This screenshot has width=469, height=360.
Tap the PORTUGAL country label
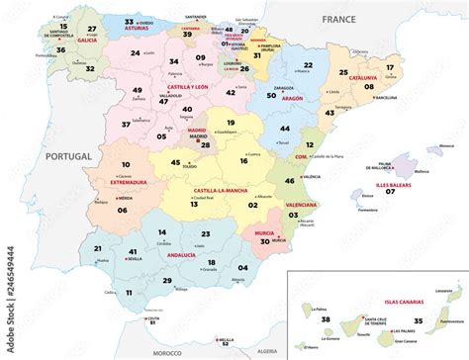click(68, 153)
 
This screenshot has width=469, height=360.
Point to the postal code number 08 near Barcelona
click(369, 87)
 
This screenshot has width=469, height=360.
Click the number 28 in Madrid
click(205, 144)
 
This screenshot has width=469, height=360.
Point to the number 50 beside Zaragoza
click(271, 96)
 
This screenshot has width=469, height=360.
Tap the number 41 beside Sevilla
click(132, 252)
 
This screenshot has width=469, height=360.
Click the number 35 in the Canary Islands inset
click(419, 320)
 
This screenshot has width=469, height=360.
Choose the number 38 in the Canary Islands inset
click(326, 319)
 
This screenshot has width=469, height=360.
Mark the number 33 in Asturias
click(130, 21)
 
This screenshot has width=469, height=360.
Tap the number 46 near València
click(289, 181)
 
